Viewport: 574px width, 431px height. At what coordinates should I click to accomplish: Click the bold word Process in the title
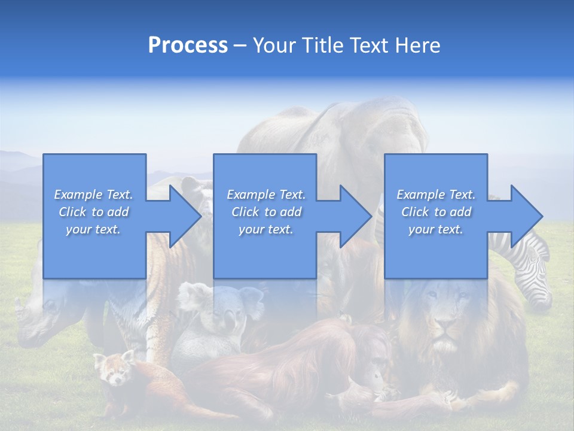click(x=188, y=45)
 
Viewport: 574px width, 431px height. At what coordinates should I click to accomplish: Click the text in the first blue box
click(x=94, y=212)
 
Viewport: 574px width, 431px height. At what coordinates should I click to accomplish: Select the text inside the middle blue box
click(x=266, y=212)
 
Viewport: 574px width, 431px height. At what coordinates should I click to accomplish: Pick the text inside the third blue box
click(x=436, y=212)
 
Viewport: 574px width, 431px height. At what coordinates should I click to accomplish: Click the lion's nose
click(x=444, y=327)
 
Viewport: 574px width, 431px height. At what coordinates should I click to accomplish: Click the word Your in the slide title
click(x=274, y=45)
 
